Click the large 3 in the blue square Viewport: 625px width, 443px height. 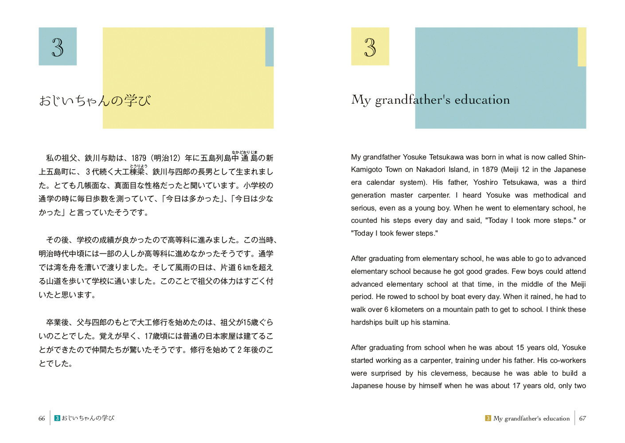(58, 47)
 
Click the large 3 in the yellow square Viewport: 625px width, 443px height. (370, 47)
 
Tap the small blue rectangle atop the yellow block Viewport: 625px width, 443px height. (269, 47)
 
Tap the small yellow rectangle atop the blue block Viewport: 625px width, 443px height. (582, 47)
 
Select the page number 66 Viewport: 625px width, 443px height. (42, 418)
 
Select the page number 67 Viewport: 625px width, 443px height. (582, 418)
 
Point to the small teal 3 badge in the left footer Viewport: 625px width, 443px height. (57, 418)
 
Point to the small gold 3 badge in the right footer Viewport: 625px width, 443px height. (488, 418)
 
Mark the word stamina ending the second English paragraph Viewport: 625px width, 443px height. (436, 323)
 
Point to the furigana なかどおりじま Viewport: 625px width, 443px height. (244, 152)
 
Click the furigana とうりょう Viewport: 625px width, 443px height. (138, 166)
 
